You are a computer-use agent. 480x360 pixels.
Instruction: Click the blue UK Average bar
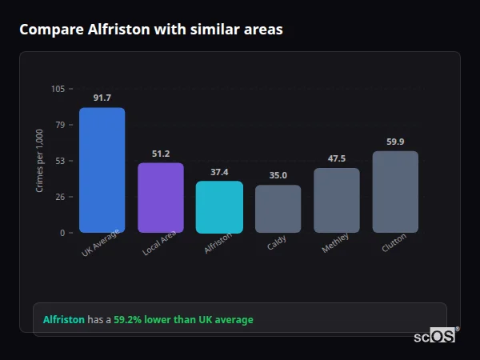[102, 170]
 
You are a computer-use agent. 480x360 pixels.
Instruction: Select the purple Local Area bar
[161, 198]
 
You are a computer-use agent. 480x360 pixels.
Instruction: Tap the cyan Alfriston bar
[219, 206]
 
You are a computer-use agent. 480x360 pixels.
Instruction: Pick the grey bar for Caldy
[278, 209]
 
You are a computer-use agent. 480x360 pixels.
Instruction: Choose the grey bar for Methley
[337, 200]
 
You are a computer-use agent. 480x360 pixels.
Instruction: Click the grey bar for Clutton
[395, 192]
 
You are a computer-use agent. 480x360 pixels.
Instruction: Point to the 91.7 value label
[102, 98]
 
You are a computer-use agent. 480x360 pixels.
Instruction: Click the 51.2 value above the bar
[161, 154]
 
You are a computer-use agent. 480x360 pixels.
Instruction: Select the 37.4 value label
[219, 172]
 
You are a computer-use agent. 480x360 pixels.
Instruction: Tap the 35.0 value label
[278, 175]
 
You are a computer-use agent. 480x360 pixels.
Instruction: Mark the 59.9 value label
[395, 142]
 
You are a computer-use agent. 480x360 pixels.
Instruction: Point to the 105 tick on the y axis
[58, 89]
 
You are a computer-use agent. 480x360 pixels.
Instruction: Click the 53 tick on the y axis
[60, 161]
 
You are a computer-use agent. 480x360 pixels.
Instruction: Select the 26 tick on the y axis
[60, 197]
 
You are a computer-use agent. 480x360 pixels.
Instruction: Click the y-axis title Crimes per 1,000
[39, 161]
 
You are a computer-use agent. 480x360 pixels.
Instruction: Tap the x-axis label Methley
[335, 244]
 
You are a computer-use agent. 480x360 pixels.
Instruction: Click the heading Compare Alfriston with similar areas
[151, 30]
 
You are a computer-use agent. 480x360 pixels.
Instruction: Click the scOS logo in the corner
[435, 336]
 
